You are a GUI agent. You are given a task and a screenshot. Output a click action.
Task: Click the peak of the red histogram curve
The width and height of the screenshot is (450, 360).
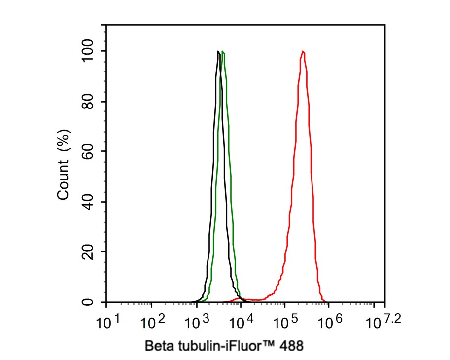(x=302, y=51)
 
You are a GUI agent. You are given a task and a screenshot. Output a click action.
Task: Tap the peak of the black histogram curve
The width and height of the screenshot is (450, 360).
(x=218, y=51)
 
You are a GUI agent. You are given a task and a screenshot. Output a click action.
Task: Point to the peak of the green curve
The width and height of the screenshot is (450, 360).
(x=223, y=52)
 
